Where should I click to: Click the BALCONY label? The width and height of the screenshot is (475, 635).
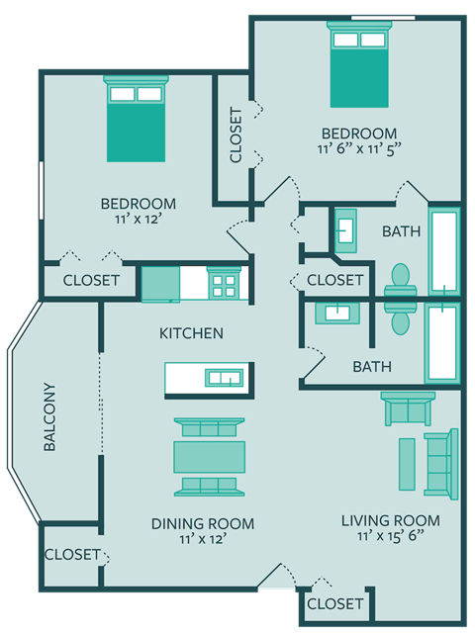pos(49,417)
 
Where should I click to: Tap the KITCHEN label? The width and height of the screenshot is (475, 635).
pos(191,333)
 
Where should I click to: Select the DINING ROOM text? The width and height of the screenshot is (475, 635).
pos(203,523)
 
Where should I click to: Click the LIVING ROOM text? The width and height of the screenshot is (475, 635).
pos(390,520)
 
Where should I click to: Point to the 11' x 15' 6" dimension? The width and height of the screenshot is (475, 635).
pos(390,537)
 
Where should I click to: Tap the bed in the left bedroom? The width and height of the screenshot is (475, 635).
pos(136,118)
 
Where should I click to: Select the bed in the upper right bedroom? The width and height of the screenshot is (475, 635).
pos(359,67)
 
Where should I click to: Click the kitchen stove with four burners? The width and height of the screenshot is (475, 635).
pos(223,285)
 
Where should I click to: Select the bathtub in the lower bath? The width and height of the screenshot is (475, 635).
pos(441,342)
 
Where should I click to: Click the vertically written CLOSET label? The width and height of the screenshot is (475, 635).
pos(236,136)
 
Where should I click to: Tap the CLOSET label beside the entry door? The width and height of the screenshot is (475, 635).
pos(335,603)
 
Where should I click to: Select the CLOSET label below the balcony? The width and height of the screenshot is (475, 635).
pos(72,554)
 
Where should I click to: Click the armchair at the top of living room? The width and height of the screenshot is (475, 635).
pos(407,408)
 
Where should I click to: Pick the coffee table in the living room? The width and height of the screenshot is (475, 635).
pos(407,465)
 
